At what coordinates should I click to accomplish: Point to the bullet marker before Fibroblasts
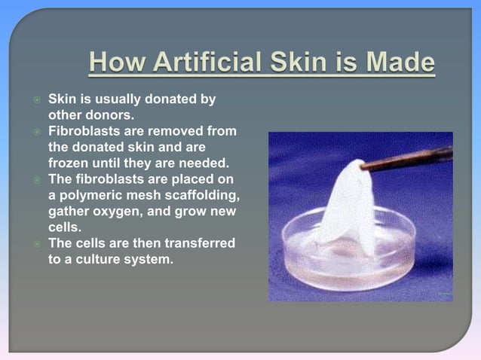click(35, 133)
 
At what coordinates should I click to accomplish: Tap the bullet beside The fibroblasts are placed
click(35, 180)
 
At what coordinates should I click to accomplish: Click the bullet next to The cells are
click(35, 243)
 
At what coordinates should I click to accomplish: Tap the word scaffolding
click(200, 195)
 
